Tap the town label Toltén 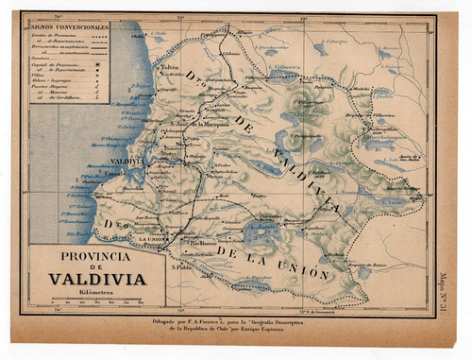[x=170, y=68]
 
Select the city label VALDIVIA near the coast [x=129, y=161]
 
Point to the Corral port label [x=114, y=175]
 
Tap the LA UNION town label [x=151, y=239]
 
